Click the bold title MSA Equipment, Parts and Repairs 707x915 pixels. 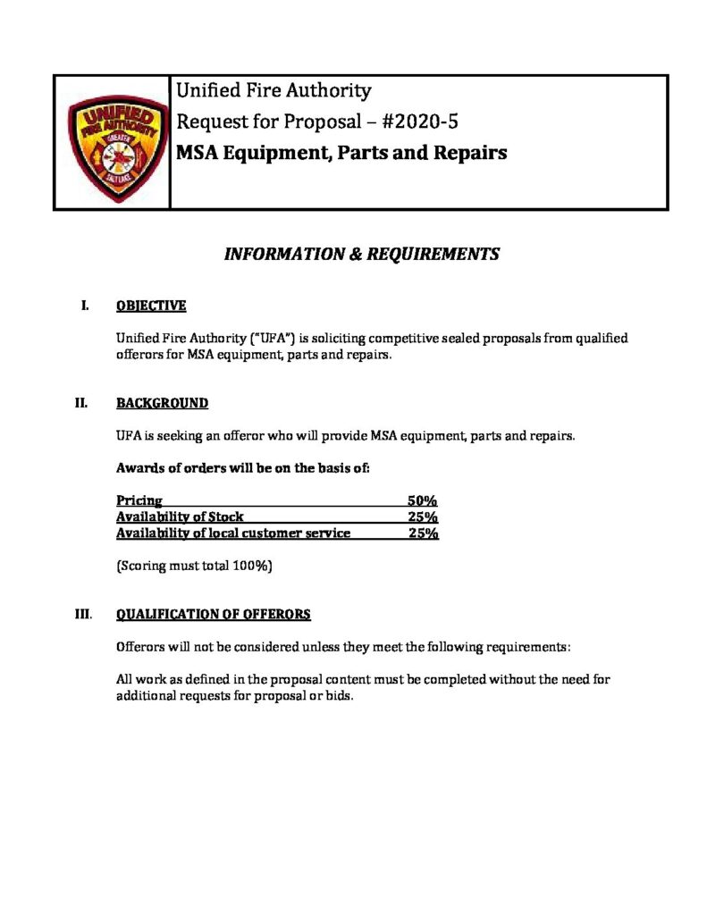click(341, 153)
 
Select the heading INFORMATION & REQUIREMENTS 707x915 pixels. click(361, 255)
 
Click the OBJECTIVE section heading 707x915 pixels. click(151, 306)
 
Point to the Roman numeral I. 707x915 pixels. click(84, 306)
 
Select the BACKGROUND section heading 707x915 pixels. click(162, 403)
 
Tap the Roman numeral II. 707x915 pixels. click(81, 403)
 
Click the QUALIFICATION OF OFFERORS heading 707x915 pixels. click(214, 614)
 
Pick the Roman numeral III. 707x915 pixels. click(83, 614)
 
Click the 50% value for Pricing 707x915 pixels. click(422, 501)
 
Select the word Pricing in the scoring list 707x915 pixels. click(139, 501)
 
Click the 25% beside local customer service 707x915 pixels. click(423, 533)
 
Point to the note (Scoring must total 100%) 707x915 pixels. click(194, 566)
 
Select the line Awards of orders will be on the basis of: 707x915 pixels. click(242, 468)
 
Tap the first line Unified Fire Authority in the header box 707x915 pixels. click(274, 90)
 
